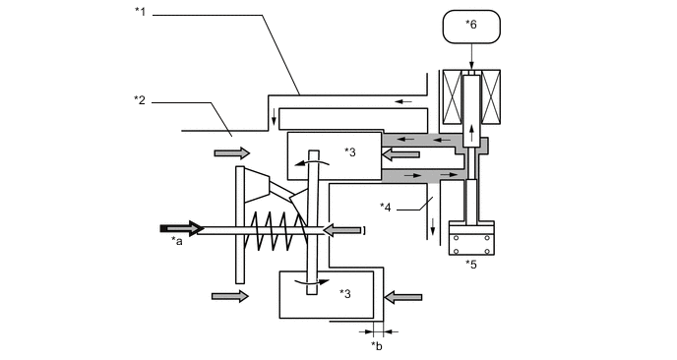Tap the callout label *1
[139, 12]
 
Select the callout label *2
[139, 98]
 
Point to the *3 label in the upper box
[351, 151]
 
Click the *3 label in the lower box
[345, 292]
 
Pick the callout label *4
[386, 207]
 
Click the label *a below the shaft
[177, 241]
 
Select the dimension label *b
[377, 344]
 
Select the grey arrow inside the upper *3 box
[400, 153]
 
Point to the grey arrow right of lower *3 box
[404, 295]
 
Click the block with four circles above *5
[472, 239]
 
